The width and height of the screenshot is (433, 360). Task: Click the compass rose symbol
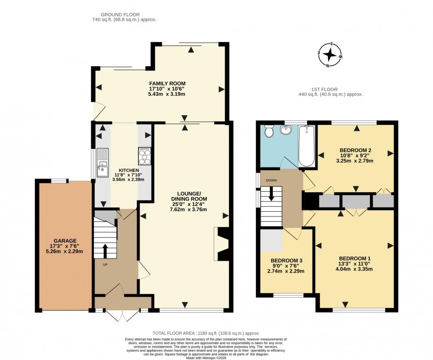pyautogui.click(x=330, y=55)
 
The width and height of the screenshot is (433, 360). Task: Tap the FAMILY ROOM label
pyautogui.click(x=167, y=83)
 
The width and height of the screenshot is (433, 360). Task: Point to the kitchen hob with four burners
pyautogui.click(x=145, y=155)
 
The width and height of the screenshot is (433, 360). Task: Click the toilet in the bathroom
pyautogui.click(x=268, y=131)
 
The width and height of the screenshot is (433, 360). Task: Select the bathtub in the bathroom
pyautogui.click(x=306, y=145)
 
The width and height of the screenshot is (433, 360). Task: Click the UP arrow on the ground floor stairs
pyautogui.click(x=105, y=250)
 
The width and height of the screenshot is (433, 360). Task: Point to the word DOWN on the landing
pyautogui.click(x=271, y=180)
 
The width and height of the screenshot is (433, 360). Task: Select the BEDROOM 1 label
pyautogui.click(x=355, y=258)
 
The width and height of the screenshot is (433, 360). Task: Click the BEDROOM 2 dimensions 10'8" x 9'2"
pyautogui.click(x=355, y=155)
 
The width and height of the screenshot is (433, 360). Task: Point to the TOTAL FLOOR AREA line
pyautogui.click(x=206, y=333)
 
